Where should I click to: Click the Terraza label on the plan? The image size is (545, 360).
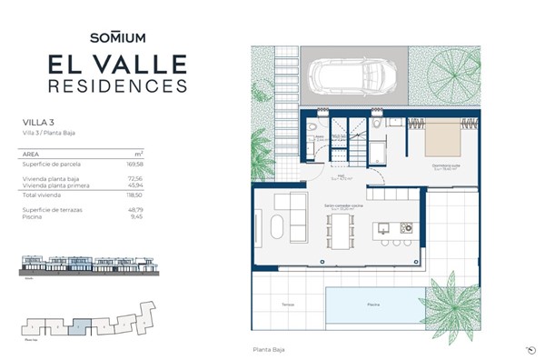[288, 305]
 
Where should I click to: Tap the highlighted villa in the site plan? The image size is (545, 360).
[81, 323]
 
